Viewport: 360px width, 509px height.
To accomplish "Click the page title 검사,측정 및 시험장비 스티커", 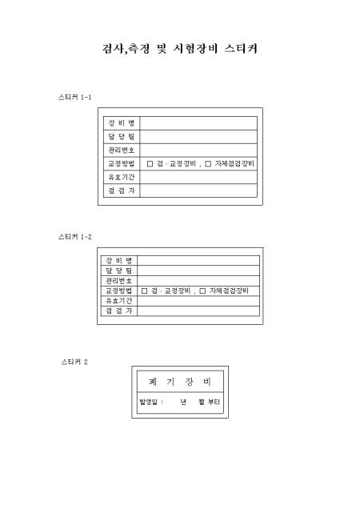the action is tap(180, 49).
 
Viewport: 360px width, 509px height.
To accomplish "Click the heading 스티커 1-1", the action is tap(74, 97).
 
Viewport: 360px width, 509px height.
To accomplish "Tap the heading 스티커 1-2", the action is tap(75, 237).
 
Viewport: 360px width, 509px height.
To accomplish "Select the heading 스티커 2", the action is tap(74, 362).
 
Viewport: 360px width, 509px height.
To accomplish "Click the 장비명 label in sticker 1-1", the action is tap(122, 123).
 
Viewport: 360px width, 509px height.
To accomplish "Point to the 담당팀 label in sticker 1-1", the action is tap(122, 137).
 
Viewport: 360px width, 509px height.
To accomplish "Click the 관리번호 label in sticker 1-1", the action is tap(122, 150).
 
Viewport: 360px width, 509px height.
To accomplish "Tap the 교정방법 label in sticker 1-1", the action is tap(122, 163).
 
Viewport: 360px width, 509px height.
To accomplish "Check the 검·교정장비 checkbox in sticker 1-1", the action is tap(150, 164).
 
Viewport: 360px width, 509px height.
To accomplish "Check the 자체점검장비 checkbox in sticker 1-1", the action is tap(208, 164).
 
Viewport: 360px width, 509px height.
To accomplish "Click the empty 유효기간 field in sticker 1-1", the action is tap(198, 177).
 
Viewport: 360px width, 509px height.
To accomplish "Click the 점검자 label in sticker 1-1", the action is tap(122, 190).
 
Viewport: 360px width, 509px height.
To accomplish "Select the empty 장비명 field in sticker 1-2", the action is tap(198, 261).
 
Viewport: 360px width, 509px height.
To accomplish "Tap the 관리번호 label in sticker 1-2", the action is tap(119, 280).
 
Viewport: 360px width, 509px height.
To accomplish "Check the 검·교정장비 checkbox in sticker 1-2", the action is tap(144, 291).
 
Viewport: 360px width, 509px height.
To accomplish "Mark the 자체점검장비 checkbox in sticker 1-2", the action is tap(202, 291).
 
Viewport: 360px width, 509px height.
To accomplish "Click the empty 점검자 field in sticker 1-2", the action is tap(198, 311).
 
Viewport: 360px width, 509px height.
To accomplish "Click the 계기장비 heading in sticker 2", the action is tap(180, 382).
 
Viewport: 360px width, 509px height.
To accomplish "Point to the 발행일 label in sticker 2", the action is tap(148, 403).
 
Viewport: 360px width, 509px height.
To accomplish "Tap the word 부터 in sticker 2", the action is tap(214, 403).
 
